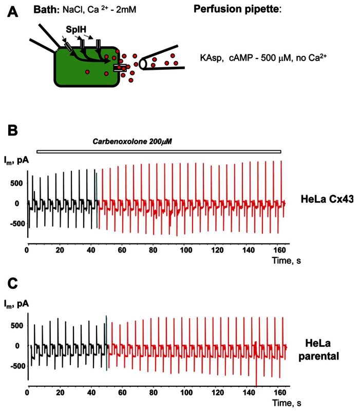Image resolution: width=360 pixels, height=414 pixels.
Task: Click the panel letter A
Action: click(x=12, y=12)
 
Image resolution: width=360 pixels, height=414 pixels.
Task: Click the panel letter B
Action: click(x=13, y=130)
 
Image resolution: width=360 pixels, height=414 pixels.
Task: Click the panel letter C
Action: click(x=13, y=284)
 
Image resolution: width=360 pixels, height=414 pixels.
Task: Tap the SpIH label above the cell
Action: click(x=76, y=29)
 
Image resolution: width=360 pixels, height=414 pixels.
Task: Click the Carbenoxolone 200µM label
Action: click(x=132, y=142)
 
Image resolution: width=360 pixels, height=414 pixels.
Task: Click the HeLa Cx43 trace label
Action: click(x=327, y=199)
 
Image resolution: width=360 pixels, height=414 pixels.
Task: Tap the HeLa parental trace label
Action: click(x=318, y=350)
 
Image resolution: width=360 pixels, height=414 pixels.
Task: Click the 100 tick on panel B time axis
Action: click(x=186, y=250)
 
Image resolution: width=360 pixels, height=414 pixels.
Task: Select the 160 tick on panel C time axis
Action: click(x=280, y=392)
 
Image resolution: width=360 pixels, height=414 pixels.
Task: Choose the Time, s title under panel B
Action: click(x=287, y=261)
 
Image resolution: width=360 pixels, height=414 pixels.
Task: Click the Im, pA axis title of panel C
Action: click(x=16, y=304)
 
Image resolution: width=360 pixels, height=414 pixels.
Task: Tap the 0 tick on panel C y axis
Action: click(x=17, y=346)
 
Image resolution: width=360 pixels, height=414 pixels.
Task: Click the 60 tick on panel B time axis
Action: click(x=122, y=250)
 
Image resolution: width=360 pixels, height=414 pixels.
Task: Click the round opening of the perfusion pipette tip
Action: click(x=143, y=64)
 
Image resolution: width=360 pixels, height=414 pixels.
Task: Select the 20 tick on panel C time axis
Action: click(x=60, y=392)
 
